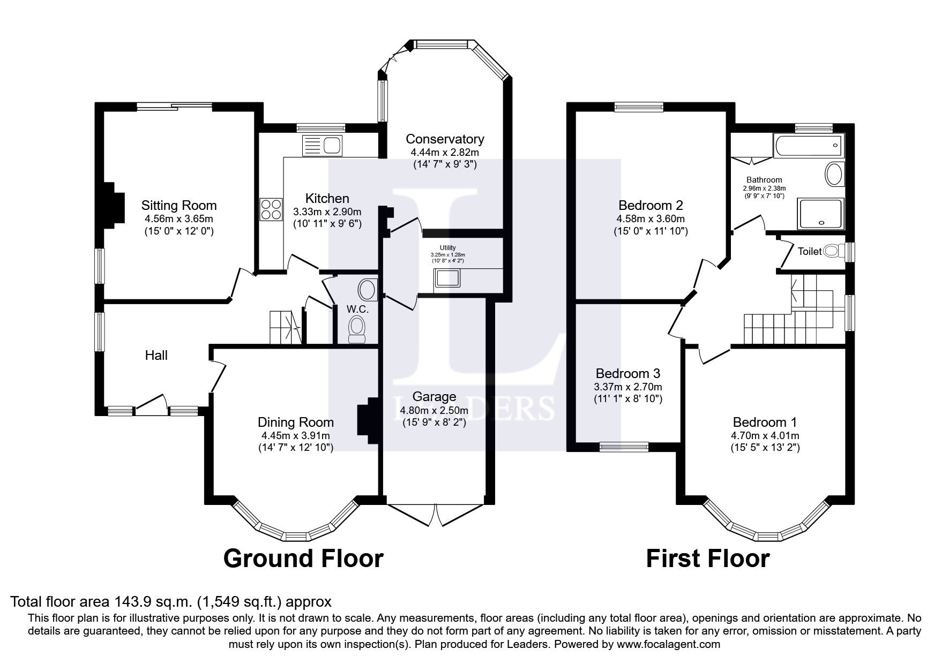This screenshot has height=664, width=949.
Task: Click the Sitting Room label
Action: [179, 205]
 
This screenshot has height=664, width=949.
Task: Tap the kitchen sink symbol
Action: [322, 145]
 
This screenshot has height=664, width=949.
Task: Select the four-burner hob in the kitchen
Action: [271, 209]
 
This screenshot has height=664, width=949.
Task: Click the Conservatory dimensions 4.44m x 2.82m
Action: [444, 153]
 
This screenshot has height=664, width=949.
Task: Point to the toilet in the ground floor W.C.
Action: [356, 328]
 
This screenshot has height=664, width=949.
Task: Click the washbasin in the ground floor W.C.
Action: [367, 290]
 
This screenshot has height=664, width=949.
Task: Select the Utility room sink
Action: [447, 278]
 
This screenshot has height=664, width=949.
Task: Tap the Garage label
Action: [434, 397]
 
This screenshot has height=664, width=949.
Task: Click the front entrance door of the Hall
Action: [151, 404]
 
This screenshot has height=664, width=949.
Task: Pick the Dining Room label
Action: [295, 422]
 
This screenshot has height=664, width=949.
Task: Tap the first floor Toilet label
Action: [809, 251]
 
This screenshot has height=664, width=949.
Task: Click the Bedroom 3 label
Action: [627, 373]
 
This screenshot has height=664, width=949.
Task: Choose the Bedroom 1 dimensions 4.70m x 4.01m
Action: [765, 435]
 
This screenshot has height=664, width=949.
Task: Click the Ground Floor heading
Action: [303, 558]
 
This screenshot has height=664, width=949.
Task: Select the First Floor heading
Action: [707, 558]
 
